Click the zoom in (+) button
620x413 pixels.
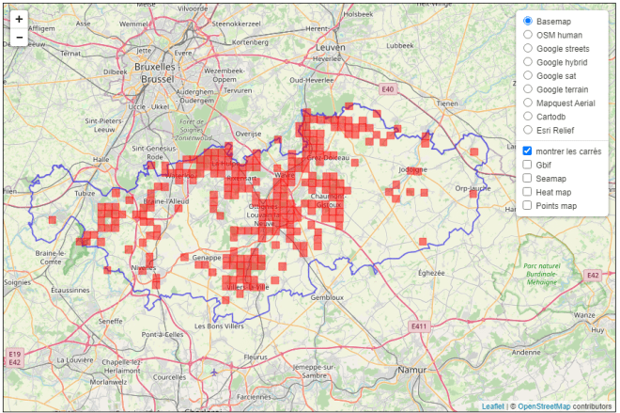(x=19, y=19)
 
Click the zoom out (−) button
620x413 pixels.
(x=19, y=39)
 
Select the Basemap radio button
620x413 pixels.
(x=528, y=21)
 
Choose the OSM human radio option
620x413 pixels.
(x=528, y=35)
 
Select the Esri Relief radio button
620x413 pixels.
(x=528, y=130)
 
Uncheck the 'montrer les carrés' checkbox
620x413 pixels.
(x=528, y=151)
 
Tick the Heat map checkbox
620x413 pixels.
(x=528, y=192)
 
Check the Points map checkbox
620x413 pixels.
(x=528, y=205)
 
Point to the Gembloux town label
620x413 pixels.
(x=327, y=296)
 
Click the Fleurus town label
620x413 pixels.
(x=256, y=357)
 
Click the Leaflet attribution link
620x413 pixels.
(x=491, y=406)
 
